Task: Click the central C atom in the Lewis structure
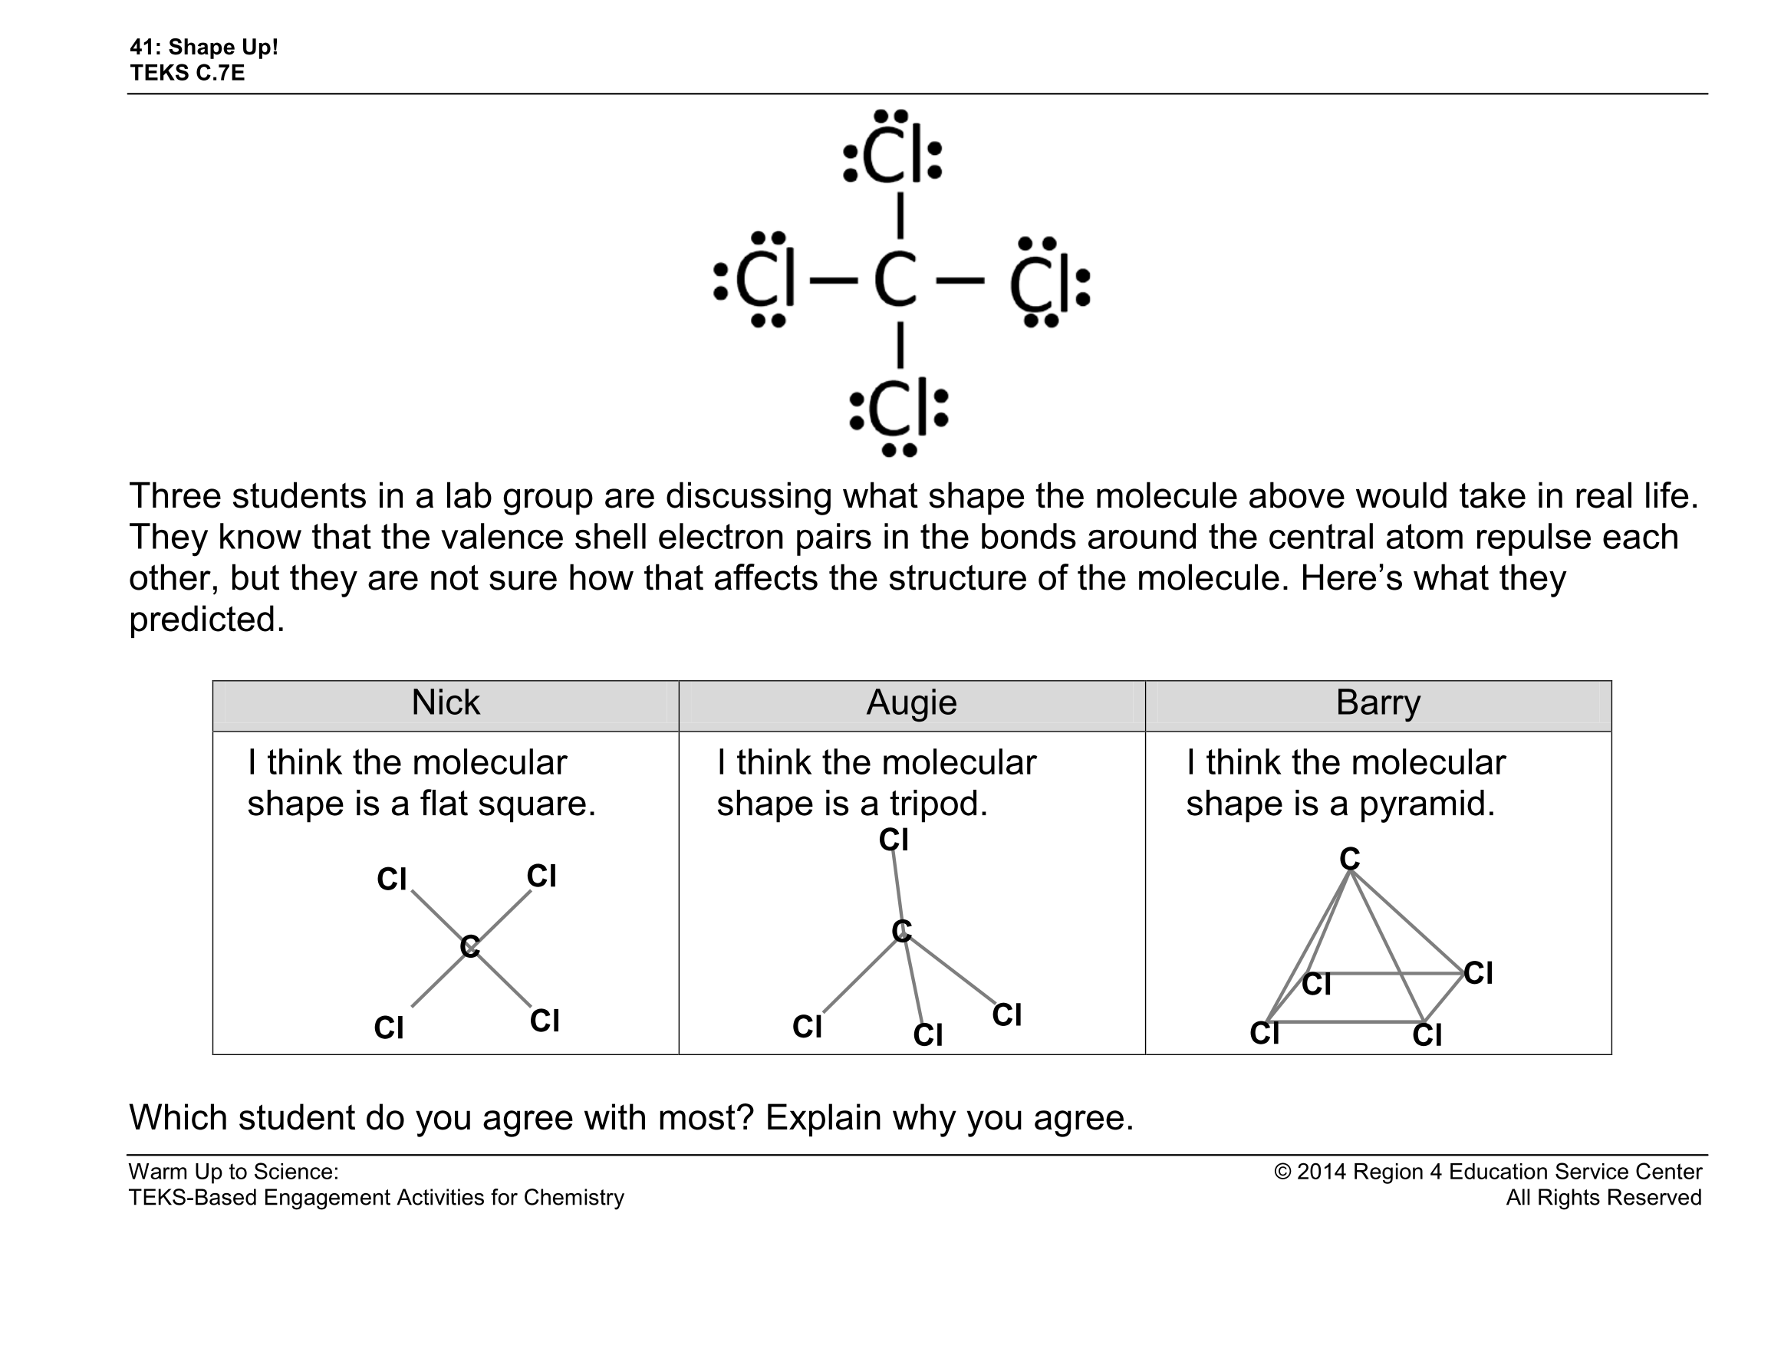[895, 280]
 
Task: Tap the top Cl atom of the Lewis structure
[893, 156]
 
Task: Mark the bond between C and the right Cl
[960, 281]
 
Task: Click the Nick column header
[445, 703]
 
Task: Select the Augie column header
[911, 703]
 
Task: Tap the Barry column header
[1378, 703]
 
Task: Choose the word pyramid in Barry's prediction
[1427, 804]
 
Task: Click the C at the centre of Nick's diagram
[469, 946]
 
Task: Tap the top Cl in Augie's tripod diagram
[894, 840]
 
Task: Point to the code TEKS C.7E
[187, 73]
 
